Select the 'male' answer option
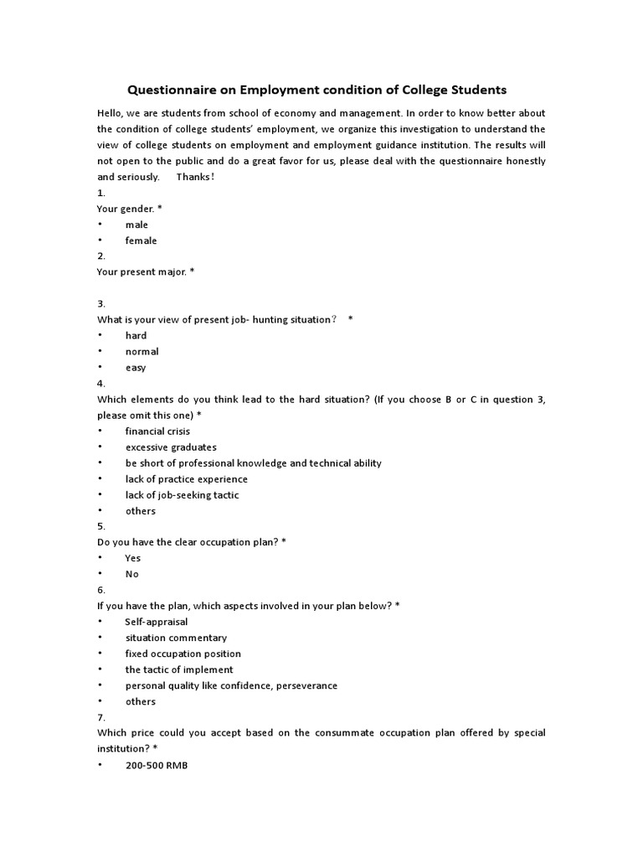136,225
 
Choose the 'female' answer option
141,240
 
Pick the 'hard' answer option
136,335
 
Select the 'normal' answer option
141,351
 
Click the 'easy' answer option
136,367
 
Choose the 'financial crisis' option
157,431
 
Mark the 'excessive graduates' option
171,447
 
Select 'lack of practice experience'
186,478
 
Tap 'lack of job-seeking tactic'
182,494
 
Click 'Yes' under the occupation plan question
132,558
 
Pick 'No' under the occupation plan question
131,574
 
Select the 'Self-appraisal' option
157,622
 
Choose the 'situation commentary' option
176,638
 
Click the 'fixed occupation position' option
183,654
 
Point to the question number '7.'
101,717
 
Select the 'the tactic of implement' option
179,669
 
